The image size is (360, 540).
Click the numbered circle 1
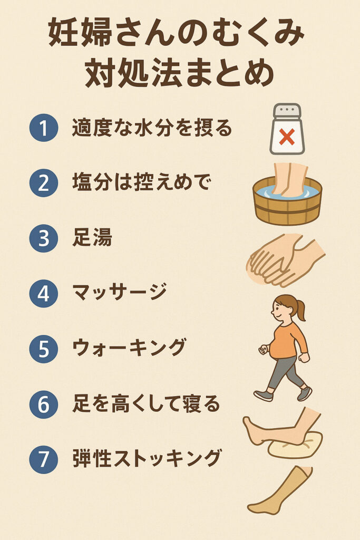pyautogui.click(x=43, y=128)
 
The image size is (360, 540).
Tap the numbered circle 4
pyautogui.click(x=43, y=293)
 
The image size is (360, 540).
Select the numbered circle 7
pyautogui.click(x=43, y=459)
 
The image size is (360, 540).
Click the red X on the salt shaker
pyautogui.click(x=287, y=137)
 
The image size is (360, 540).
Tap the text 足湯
pyautogui.click(x=92, y=238)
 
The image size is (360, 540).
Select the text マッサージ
pyautogui.click(x=120, y=293)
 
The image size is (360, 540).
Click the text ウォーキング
pyautogui.click(x=129, y=348)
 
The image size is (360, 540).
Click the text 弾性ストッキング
pyautogui.click(x=147, y=459)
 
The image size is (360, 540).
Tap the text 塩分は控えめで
pyautogui.click(x=141, y=182)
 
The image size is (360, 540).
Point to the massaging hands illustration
pyautogui.click(x=286, y=261)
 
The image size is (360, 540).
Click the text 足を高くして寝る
pyautogui.click(x=146, y=403)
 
